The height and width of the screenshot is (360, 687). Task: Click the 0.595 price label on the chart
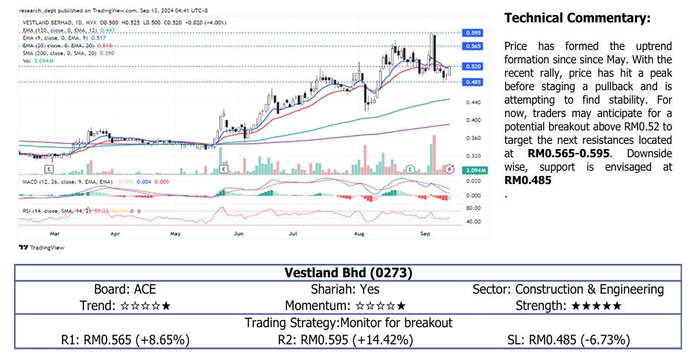pos(472,33)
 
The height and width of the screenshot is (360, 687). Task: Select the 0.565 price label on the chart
pos(472,46)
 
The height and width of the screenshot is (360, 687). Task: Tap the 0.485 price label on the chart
pos(472,81)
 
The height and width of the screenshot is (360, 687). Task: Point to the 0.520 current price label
pos(472,66)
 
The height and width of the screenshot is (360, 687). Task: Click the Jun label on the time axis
pos(238,233)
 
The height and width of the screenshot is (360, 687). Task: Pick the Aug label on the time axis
pos(360,233)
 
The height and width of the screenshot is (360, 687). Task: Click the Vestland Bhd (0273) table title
pos(349,273)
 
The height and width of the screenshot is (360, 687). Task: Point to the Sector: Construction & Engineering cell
pos(568,289)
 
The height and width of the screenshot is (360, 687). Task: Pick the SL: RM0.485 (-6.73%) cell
pos(568,340)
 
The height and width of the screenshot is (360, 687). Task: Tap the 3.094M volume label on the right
pos(473,171)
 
